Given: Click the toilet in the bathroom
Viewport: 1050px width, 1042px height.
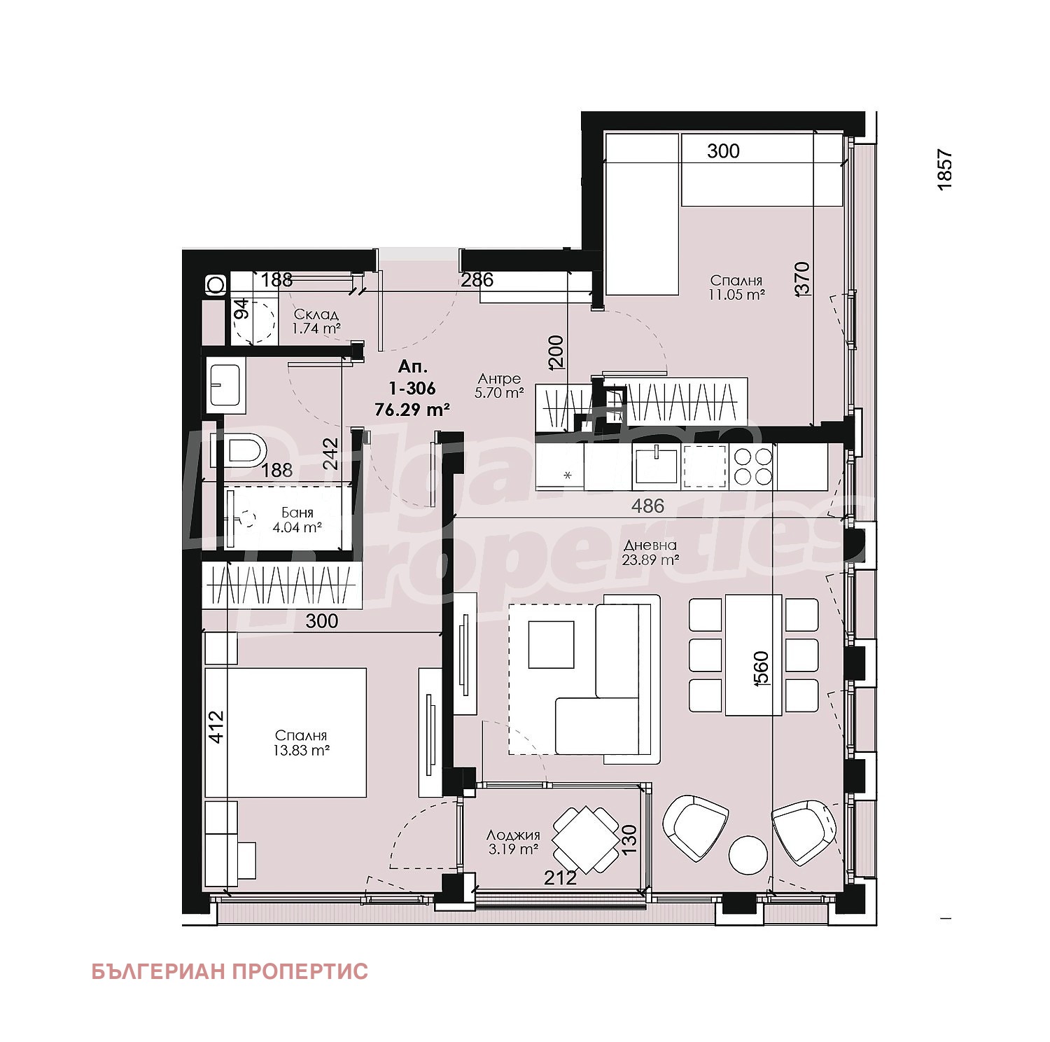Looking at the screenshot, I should [x=247, y=450].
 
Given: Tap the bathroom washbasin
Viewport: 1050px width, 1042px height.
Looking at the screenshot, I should [x=225, y=384].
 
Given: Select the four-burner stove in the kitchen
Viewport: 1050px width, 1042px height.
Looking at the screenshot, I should [x=752, y=466].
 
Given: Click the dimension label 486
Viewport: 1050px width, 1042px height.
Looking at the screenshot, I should [x=647, y=506].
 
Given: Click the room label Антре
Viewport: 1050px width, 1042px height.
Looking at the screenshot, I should [x=499, y=379].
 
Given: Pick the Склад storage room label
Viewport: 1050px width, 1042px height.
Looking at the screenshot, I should [x=316, y=315].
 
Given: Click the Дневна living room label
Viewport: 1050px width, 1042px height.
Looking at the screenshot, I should [x=650, y=546].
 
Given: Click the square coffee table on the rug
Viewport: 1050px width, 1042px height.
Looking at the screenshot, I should [x=551, y=644].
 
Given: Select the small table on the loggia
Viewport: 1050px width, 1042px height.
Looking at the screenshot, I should [x=585, y=840].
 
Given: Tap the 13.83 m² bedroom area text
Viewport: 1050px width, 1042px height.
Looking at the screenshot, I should [x=301, y=750].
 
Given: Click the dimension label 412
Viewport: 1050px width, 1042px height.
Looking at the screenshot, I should [x=216, y=727].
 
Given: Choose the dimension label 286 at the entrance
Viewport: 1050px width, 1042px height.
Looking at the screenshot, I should [x=477, y=280].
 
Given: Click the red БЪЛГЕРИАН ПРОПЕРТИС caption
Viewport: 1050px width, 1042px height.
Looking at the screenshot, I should [x=230, y=971].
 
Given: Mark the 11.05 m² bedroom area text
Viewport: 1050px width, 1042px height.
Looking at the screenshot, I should [x=735, y=295].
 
